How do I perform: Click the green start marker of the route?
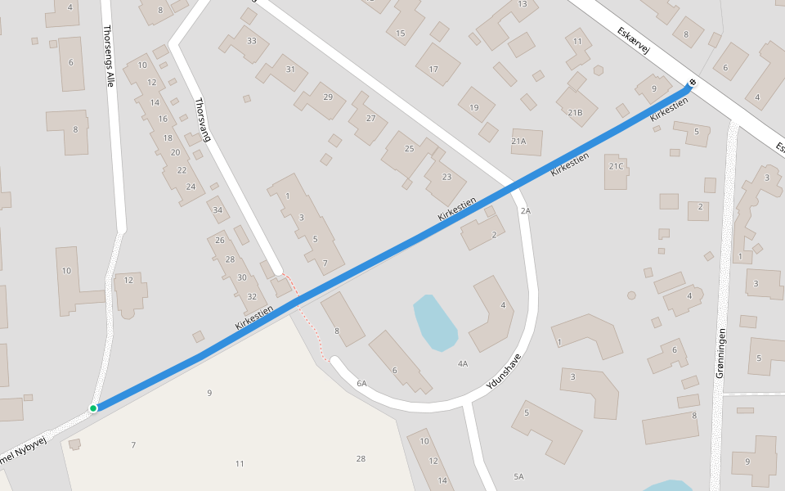point(93,408)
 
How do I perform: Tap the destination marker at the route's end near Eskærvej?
point(693,83)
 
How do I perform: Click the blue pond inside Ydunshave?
point(434,322)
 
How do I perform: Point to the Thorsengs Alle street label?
point(109,56)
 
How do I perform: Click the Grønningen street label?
point(720,352)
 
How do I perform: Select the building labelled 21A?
point(526,142)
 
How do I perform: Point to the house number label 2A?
point(525,210)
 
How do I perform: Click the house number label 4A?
point(463,363)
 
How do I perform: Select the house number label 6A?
point(361,383)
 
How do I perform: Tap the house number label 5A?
point(518,476)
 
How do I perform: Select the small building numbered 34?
point(218,209)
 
